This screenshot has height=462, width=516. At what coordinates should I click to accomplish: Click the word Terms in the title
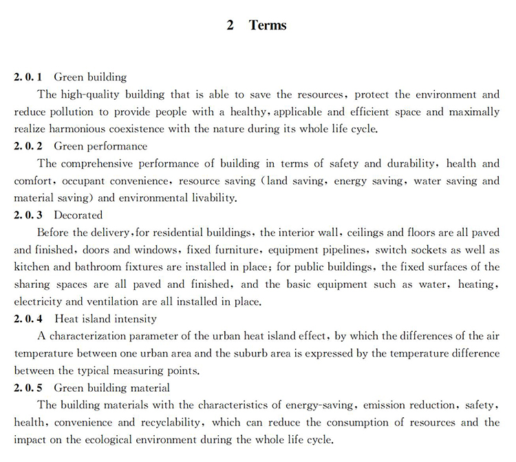(x=268, y=25)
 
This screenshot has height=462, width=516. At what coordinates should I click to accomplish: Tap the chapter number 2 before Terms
(x=230, y=25)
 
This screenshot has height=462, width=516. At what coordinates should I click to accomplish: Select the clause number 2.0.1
(x=28, y=77)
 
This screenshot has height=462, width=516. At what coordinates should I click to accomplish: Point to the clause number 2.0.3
(x=28, y=216)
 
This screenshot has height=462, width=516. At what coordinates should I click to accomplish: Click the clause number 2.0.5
(x=28, y=388)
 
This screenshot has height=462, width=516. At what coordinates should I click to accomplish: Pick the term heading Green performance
(x=100, y=146)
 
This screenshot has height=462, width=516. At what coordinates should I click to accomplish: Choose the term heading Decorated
(x=78, y=216)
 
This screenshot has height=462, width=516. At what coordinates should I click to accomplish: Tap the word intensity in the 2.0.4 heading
(x=136, y=319)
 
